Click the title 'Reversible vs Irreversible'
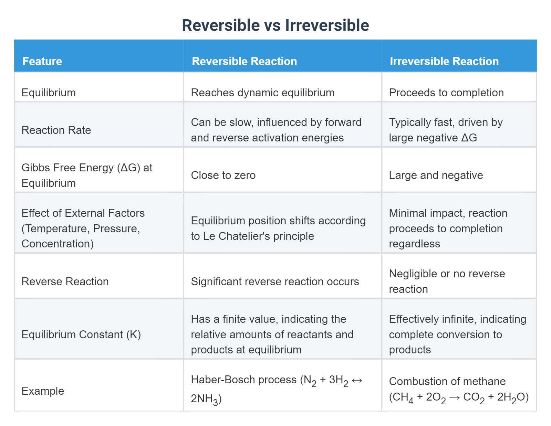[275, 25]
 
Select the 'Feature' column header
[42, 61]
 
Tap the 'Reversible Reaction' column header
[244, 61]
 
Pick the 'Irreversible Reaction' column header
[444, 61]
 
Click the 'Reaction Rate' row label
[56, 130]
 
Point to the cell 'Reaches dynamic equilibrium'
[262, 93]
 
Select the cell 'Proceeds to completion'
[446, 93]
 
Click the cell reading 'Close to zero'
[223, 175]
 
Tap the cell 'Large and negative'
[436, 175]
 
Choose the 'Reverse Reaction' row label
[65, 281]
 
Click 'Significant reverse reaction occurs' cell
[275, 281]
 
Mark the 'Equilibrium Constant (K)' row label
[81, 334]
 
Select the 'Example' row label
[43, 391]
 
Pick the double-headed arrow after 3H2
[357, 380]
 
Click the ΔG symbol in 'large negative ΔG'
[469, 138]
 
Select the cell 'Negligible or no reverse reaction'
[447, 281]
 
